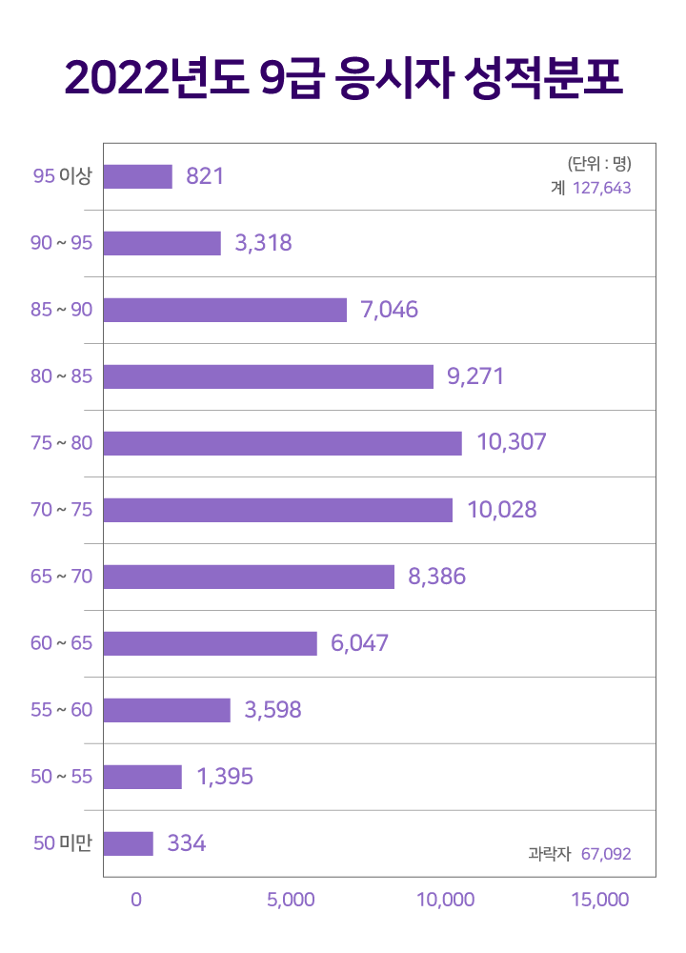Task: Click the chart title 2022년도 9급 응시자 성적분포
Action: (343, 79)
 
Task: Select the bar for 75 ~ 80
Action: (282, 443)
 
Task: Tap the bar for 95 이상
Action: (137, 176)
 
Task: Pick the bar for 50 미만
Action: (128, 843)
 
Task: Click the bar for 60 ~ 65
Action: (210, 643)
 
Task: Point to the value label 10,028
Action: (502, 510)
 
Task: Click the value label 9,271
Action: (474, 376)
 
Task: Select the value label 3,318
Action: (263, 243)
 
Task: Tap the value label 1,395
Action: (225, 777)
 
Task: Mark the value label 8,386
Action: (436, 577)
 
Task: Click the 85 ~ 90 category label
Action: (62, 310)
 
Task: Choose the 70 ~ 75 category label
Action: (62, 510)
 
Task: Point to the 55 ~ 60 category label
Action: (62, 710)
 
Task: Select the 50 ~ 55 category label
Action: (62, 777)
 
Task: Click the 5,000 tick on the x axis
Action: (292, 900)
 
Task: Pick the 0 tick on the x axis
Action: (136, 900)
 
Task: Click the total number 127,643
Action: (602, 189)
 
